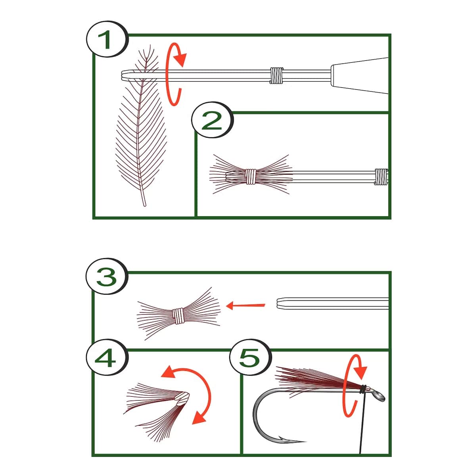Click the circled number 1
click(x=107, y=39)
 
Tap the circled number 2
click(x=212, y=120)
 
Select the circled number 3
click(x=107, y=276)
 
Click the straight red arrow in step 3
click(x=245, y=306)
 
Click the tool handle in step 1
click(x=359, y=76)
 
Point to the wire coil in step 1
click(x=276, y=75)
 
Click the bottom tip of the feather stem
click(x=145, y=205)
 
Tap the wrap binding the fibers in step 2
click(x=251, y=177)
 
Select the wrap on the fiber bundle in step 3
click(x=178, y=316)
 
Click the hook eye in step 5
click(x=378, y=397)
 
